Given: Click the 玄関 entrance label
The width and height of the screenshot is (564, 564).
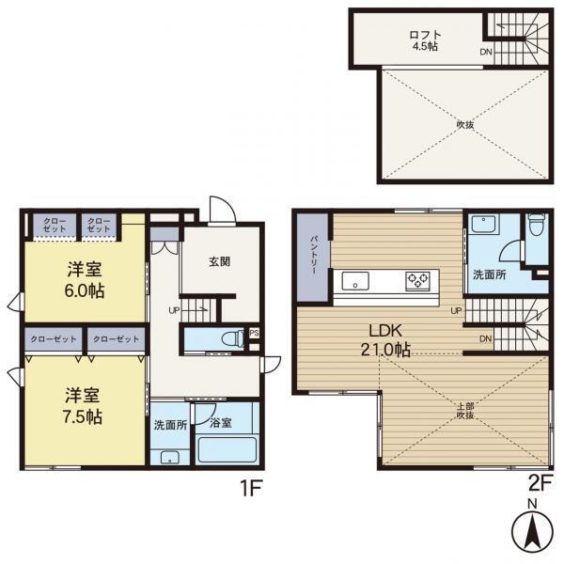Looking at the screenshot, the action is (219, 261).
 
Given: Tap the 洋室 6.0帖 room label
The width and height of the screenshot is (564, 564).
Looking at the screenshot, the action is (85, 280).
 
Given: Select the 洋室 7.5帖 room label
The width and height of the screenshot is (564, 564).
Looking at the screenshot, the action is (83, 406).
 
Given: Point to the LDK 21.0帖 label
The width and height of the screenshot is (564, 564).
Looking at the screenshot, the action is (385, 340).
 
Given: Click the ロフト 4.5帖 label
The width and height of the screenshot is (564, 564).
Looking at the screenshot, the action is (425, 40).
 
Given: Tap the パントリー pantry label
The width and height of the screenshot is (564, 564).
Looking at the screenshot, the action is (313, 255).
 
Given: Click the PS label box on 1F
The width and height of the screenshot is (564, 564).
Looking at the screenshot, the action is (254, 333).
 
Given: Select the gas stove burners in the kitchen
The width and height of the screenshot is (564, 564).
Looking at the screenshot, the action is (418, 280).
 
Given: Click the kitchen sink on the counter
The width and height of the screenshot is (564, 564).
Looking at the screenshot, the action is (355, 280).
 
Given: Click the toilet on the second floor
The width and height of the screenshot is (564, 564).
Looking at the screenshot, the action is (538, 225).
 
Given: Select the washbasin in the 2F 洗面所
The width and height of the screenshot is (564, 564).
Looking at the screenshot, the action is (484, 224).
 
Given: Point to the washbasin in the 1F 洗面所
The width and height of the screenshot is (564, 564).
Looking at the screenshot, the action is (170, 458).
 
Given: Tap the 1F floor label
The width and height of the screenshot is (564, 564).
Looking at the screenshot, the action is (251, 488).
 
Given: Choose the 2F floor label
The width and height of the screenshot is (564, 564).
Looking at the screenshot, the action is (540, 484).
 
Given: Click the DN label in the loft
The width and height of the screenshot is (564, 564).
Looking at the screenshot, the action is (486, 52).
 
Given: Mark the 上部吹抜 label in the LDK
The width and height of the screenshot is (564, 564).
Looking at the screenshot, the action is (465, 411).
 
